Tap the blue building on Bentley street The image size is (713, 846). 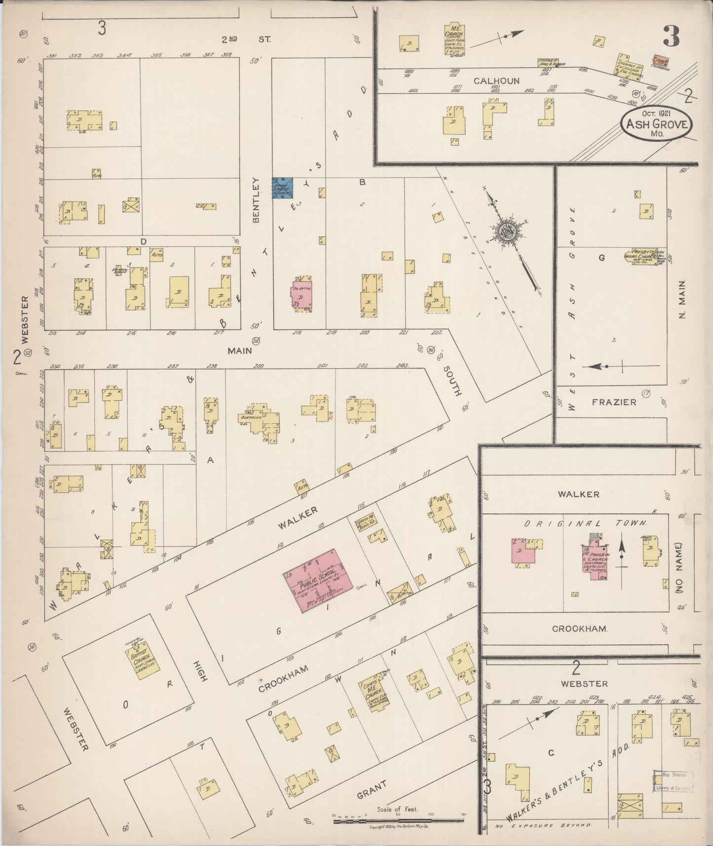pos(283,188)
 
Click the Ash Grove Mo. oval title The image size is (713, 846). pos(656,124)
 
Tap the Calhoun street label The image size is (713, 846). pos(496,81)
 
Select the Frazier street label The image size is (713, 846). pos(614,402)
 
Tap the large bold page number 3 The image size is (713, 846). pos(671,36)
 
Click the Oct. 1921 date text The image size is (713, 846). pos(656,113)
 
